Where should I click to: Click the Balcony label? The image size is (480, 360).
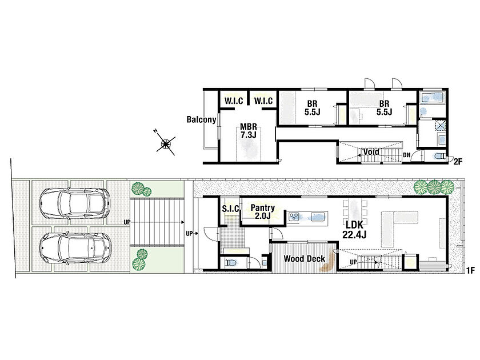click(x=201, y=119)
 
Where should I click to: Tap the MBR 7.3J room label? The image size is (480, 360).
click(x=248, y=130)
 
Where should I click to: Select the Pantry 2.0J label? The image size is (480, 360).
click(x=263, y=211)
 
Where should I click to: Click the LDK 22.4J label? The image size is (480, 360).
click(x=354, y=230)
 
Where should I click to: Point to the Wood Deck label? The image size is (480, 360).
click(x=304, y=259)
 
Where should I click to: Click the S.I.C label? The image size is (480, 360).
click(x=230, y=209)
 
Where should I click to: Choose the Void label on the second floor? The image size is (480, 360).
click(x=371, y=152)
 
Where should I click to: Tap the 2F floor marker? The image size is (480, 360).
click(x=458, y=162)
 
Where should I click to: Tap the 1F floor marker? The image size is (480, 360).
click(x=470, y=270)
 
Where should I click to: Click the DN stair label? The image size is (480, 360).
click(x=406, y=155)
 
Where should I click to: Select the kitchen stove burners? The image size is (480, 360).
click(x=294, y=217)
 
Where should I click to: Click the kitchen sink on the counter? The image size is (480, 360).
click(x=318, y=217)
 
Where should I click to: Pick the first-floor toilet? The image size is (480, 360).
click(x=231, y=263)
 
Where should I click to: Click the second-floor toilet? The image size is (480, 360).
click(x=439, y=156)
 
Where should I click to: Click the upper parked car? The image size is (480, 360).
click(x=75, y=203)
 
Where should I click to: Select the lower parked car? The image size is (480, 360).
click(x=75, y=248)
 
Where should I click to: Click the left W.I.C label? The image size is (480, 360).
click(x=234, y=101)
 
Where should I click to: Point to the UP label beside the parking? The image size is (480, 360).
click(x=126, y=222)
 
